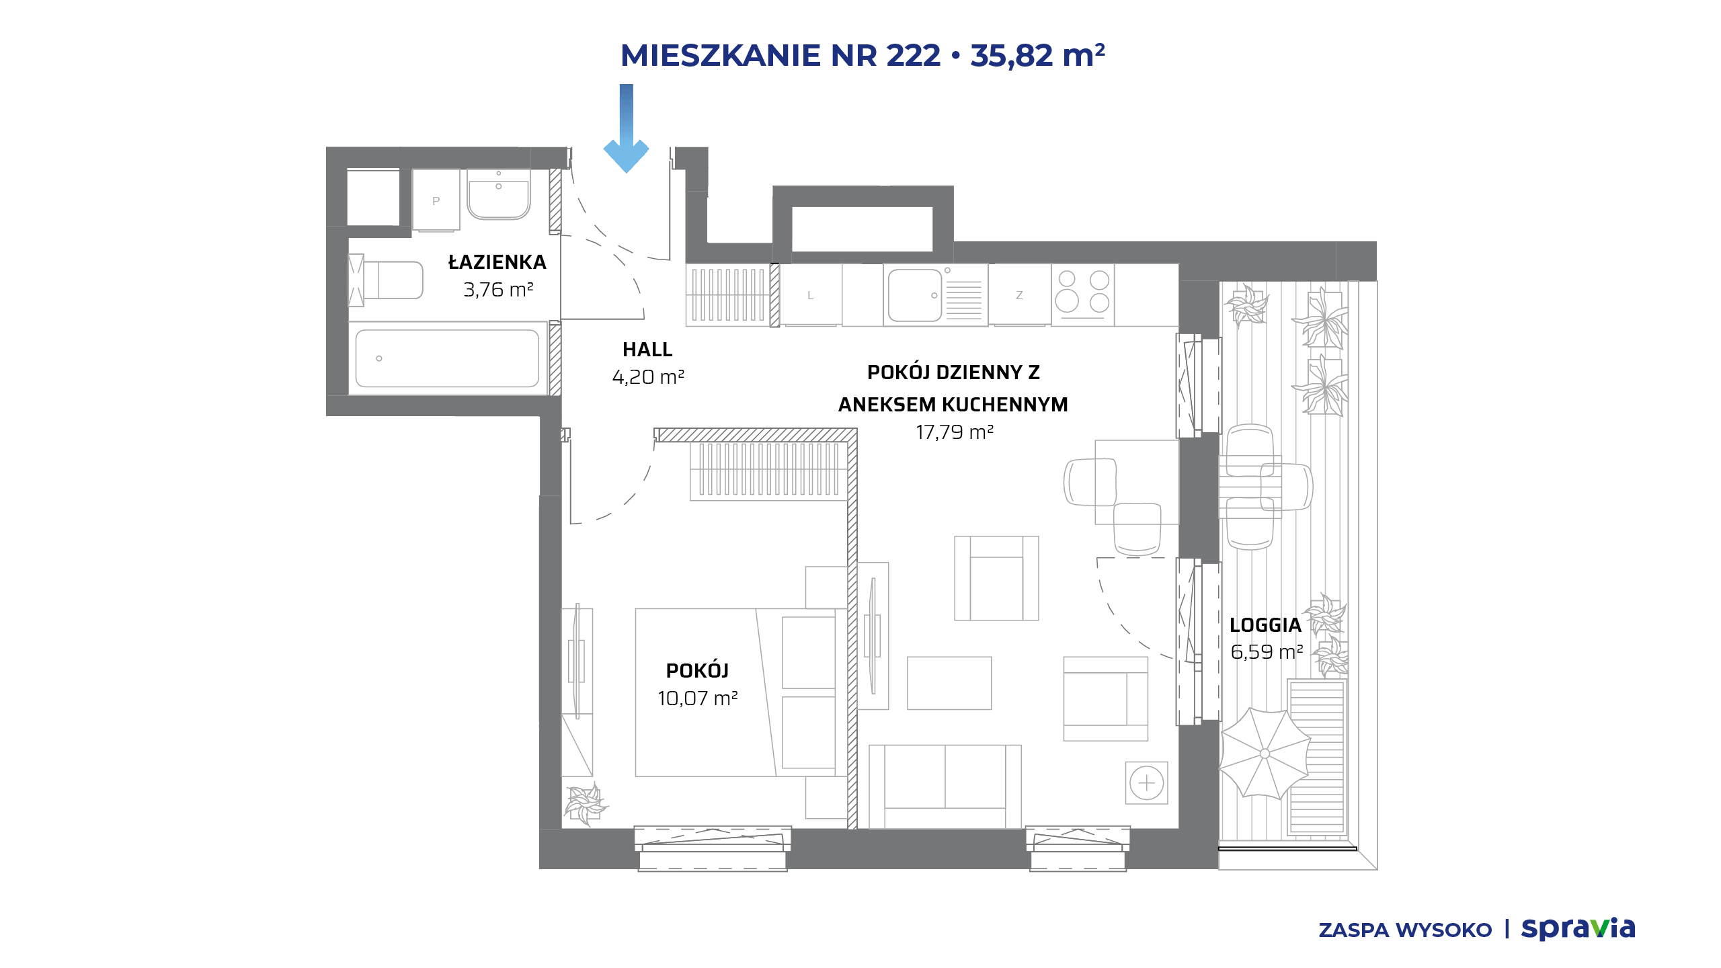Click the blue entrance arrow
point(626,128)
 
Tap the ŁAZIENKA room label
point(497,262)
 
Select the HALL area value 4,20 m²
point(648,377)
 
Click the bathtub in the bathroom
point(447,358)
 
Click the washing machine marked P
point(436,200)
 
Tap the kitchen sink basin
point(915,296)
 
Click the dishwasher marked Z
point(1019,295)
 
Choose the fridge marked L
point(810,295)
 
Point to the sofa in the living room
point(945,786)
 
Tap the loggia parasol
point(1264,754)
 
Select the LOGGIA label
point(1265,625)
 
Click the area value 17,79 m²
point(955,432)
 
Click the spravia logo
point(1578,929)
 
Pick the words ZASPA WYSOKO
point(1405,930)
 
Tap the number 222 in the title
point(914,55)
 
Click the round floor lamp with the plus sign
point(1147,783)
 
